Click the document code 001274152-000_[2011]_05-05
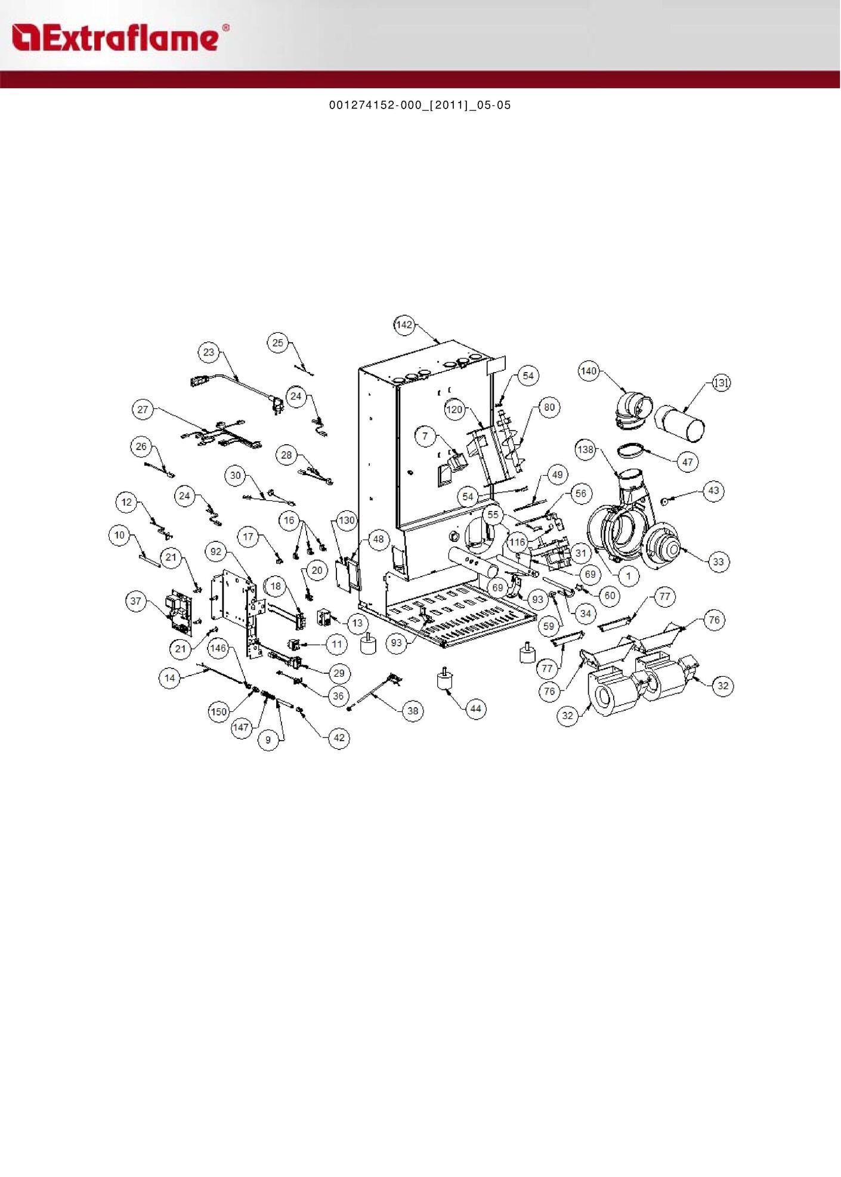click(x=420, y=106)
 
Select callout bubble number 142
click(x=404, y=325)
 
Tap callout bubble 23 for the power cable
click(x=209, y=352)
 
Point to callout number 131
click(x=722, y=383)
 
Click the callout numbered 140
click(x=589, y=371)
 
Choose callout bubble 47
click(x=688, y=462)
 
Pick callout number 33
click(x=718, y=562)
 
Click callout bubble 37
click(x=136, y=601)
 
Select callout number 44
click(x=475, y=709)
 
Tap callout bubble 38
click(x=413, y=711)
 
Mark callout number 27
click(x=143, y=410)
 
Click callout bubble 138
click(x=586, y=450)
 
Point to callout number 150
click(x=219, y=712)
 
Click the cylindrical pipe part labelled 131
click(x=680, y=423)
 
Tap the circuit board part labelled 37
click(x=182, y=612)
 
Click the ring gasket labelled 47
click(x=630, y=451)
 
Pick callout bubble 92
click(x=216, y=552)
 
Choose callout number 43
click(x=714, y=491)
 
